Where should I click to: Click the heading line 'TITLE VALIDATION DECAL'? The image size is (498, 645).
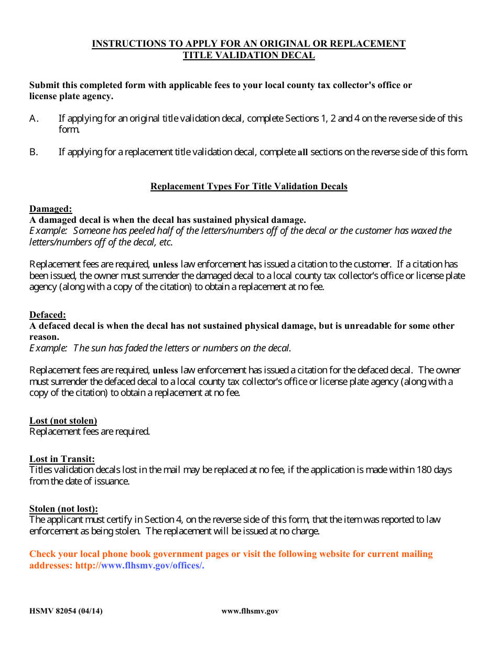[248, 56]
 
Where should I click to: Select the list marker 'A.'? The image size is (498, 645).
[34, 119]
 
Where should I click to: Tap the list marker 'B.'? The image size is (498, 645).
[34, 152]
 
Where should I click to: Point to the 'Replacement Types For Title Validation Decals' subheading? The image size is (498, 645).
[248, 186]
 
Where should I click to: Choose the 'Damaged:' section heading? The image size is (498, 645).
[50, 209]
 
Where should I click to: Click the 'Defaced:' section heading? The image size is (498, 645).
[47, 315]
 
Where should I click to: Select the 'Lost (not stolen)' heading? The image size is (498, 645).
[63, 421]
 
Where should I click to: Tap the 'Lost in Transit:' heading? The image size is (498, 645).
[62, 459]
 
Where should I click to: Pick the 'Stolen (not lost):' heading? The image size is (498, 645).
[63, 509]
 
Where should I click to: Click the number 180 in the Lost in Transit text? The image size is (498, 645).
[424, 470]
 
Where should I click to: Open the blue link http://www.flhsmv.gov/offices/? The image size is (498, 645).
[139, 565]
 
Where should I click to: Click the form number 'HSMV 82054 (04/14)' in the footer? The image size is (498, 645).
[66, 611]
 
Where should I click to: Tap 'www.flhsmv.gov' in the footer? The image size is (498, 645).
[250, 611]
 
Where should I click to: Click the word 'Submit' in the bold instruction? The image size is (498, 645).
[44, 85]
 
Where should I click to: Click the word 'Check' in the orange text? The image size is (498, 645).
[42, 554]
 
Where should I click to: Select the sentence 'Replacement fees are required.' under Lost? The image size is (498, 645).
[90, 432]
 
